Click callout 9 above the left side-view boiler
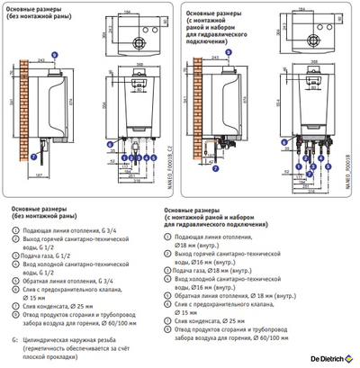pyautogui.click(x=54, y=53)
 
